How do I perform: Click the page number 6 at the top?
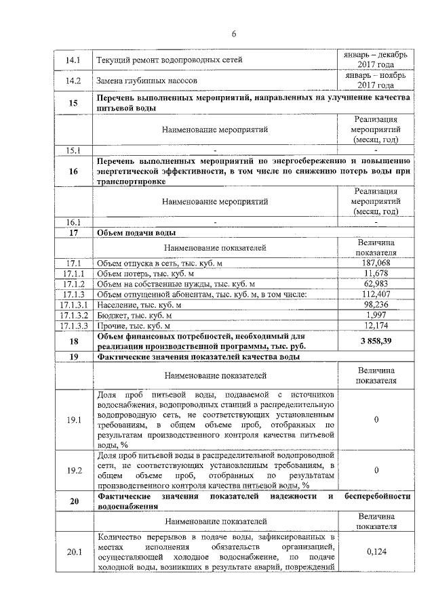coord(233,34)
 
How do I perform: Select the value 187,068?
coord(376,263)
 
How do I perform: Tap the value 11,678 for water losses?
coord(376,273)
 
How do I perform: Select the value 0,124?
coord(376,552)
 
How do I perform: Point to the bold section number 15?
coord(73,102)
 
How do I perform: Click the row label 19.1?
coord(73,421)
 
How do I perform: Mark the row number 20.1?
coord(73,552)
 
